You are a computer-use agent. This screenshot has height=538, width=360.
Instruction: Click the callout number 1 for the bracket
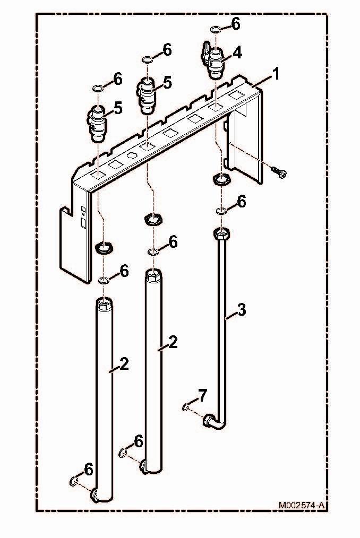(276, 74)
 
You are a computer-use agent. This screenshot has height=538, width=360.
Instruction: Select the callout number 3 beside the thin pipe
(242, 310)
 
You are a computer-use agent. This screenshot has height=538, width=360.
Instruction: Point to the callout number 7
(203, 395)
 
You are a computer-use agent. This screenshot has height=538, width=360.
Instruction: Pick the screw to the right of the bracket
(278, 172)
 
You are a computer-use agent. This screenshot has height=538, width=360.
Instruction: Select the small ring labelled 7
(185, 407)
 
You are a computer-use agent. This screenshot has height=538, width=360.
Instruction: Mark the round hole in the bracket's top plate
(132, 156)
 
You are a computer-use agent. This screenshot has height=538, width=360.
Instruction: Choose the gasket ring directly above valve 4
(215, 30)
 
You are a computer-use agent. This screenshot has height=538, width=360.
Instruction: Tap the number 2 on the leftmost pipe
(124, 364)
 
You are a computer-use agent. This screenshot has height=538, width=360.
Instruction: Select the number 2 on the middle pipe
(173, 342)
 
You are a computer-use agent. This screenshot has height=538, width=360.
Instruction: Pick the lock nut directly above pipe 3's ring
(221, 179)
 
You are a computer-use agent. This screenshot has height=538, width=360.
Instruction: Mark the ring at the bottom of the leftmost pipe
(73, 481)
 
